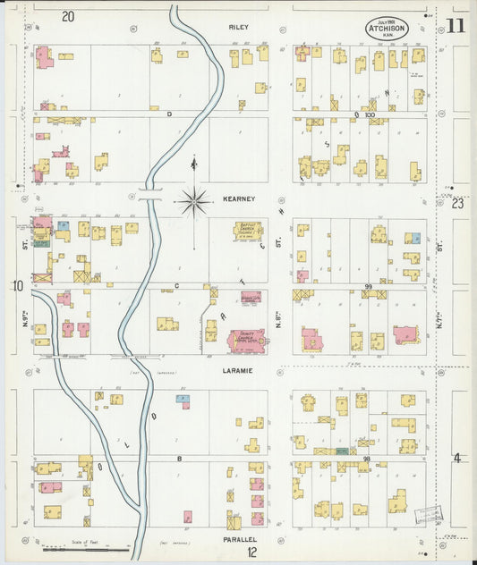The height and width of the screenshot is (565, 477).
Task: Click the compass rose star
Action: pos(194,201)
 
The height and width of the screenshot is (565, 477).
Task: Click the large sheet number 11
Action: pos(455,25)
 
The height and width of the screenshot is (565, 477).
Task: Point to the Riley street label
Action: pos(238,28)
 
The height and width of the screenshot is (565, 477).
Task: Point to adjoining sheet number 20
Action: pos(68,16)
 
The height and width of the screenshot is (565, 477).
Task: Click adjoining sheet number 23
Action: pos(456,204)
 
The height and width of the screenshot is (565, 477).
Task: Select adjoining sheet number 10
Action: pos(17,286)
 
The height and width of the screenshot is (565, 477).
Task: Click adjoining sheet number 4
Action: pos(456,459)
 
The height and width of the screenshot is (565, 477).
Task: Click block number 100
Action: pos(368,115)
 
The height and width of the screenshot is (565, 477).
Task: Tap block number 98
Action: pos(367,458)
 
